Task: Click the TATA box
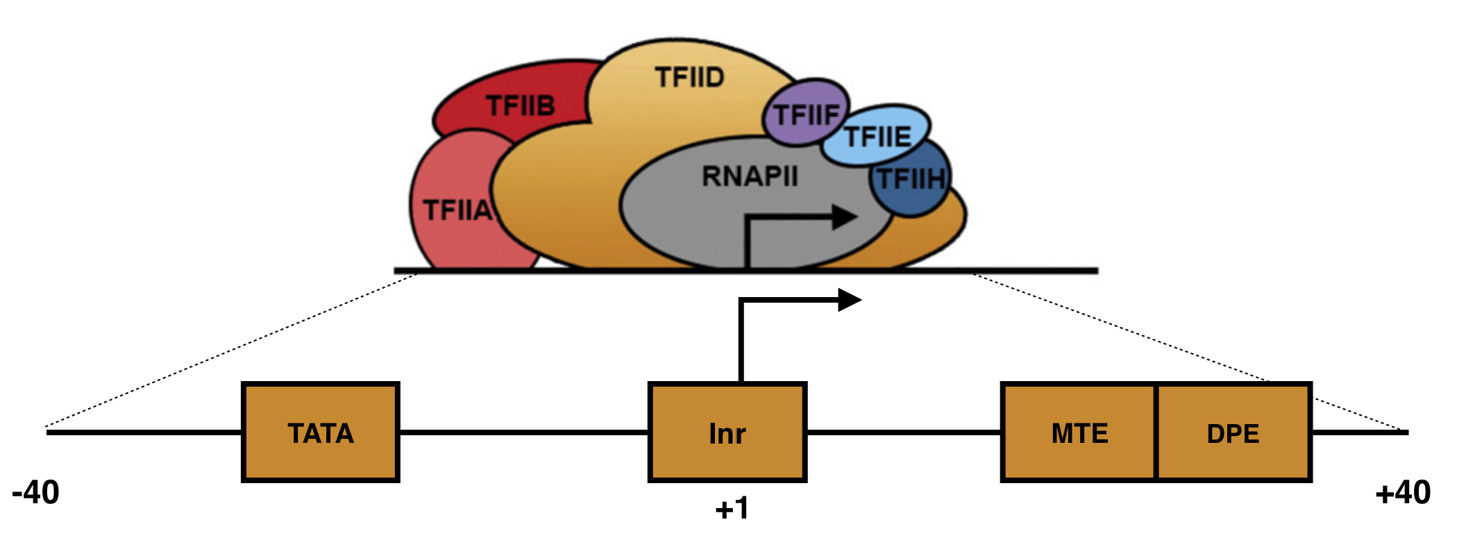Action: pos(320,432)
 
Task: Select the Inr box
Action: pos(727,432)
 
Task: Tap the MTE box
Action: pos(1079,432)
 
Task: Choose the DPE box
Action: pos(1233,432)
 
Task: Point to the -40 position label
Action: pos(35,492)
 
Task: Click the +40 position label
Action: pos(1403,492)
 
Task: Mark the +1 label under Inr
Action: pos(732,508)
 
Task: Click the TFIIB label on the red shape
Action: pos(520,106)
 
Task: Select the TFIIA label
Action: pos(457,210)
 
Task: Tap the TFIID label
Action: pos(689,77)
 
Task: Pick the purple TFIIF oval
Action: pos(805,113)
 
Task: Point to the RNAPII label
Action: pos(750,176)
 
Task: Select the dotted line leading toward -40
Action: pos(229,350)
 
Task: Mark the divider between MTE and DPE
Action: pos(1156,432)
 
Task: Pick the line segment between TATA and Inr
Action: pos(524,432)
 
